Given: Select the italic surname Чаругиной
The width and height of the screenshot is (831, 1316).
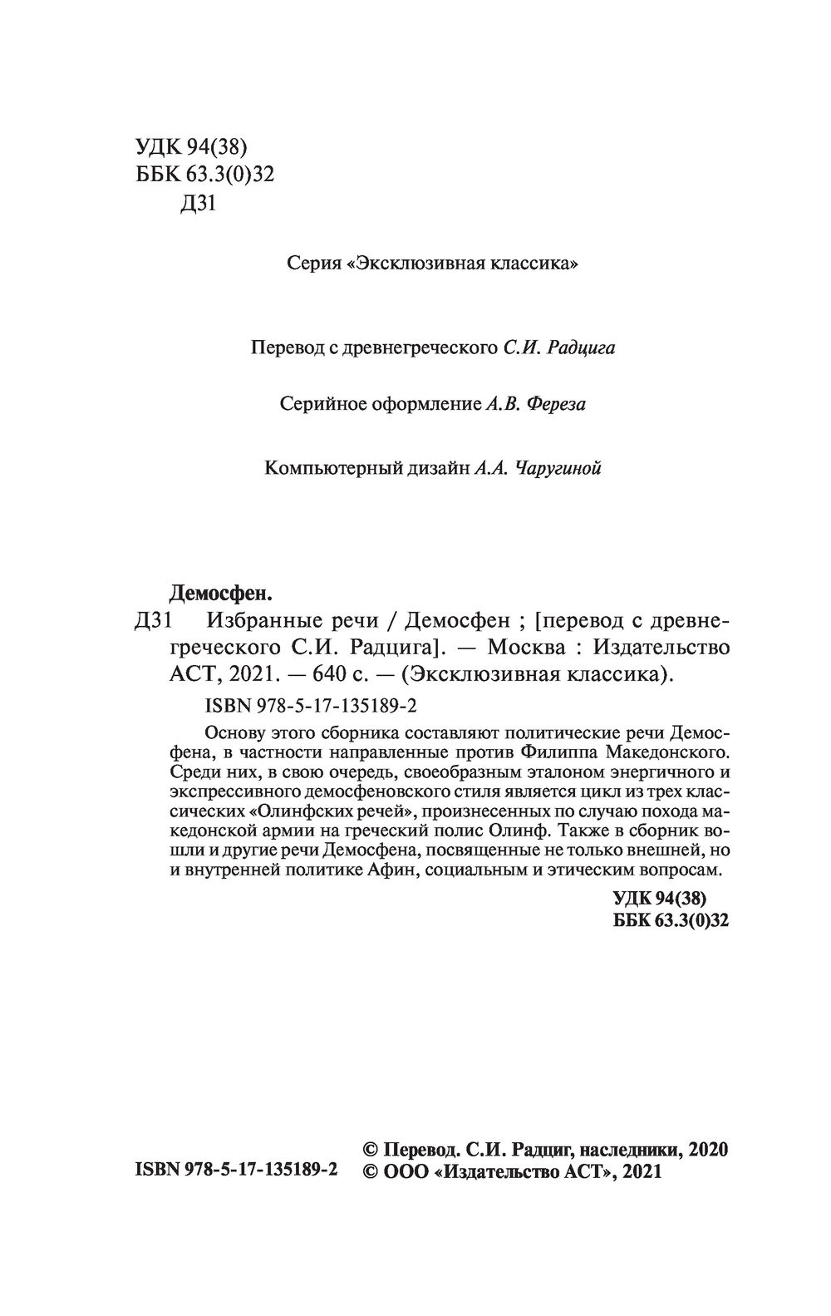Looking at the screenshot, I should (x=558, y=468).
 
